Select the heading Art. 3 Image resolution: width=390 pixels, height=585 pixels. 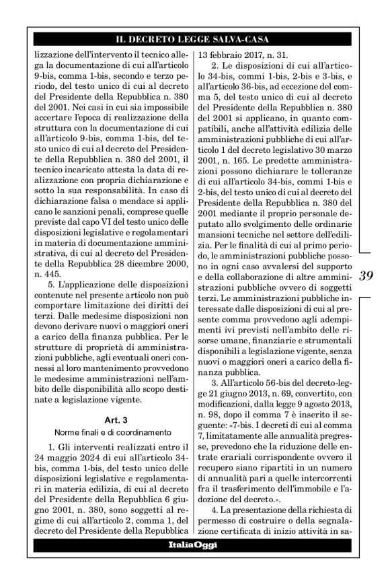point(107,419)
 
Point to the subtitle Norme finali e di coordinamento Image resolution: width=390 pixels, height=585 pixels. point(108,432)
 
